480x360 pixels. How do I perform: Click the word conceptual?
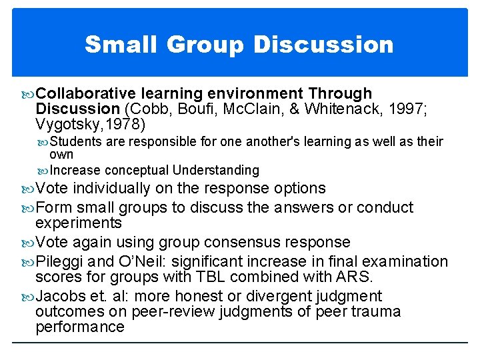point(139,170)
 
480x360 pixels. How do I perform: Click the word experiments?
point(79,222)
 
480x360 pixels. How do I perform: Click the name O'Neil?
point(137,261)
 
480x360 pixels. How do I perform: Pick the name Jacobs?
point(61,296)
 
